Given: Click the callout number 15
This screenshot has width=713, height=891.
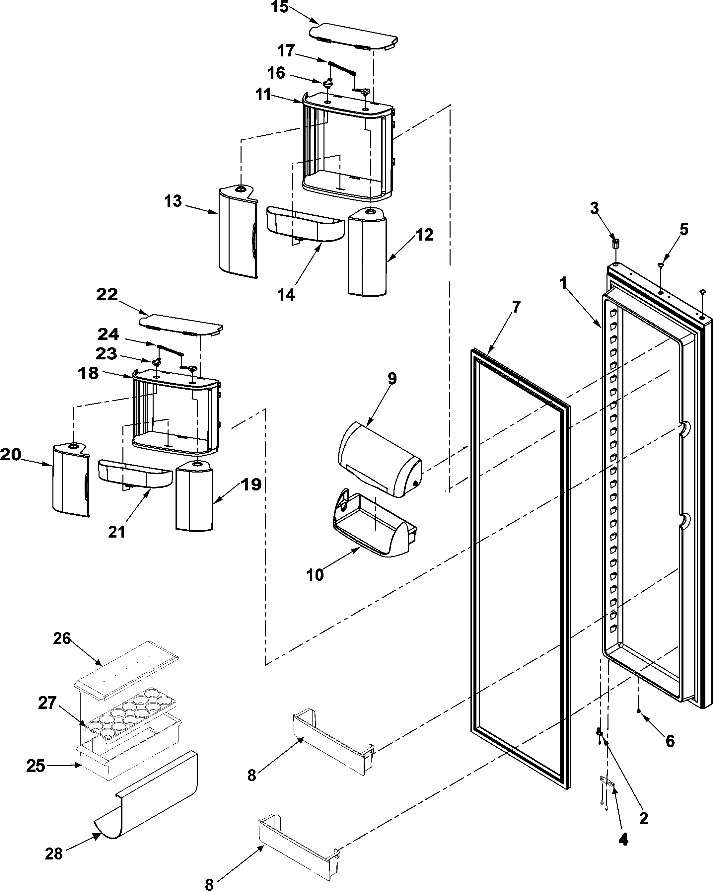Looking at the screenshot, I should [280, 7].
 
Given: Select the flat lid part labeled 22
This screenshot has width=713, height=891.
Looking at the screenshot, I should [180, 325].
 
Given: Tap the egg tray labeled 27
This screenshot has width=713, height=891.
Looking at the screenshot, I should [128, 719].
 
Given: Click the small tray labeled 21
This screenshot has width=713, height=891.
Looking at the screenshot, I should [134, 474].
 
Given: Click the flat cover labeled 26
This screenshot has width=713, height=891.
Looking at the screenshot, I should [126, 669].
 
